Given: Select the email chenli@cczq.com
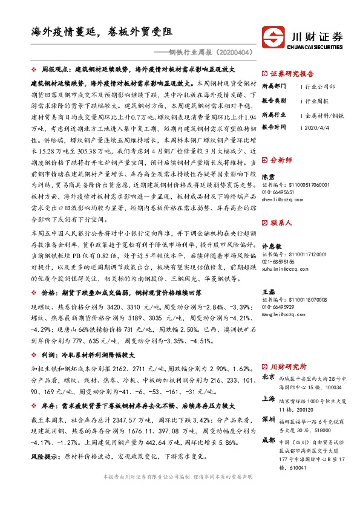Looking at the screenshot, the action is point(279,198).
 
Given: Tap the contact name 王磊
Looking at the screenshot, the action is point(267,292).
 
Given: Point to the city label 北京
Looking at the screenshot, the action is point(268,377).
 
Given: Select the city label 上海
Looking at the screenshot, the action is point(268,399).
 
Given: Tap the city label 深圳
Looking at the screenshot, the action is point(268,419).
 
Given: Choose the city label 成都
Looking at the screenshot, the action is point(268,440).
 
